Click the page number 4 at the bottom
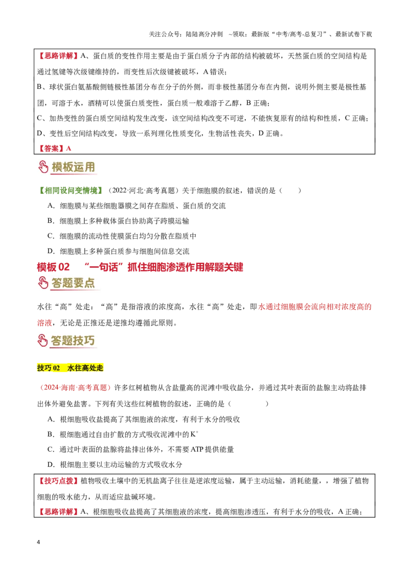click(x=38, y=542)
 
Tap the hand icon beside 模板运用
click(x=43, y=167)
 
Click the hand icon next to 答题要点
click(x=43, y=283)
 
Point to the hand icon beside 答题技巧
click(x=43, y=341)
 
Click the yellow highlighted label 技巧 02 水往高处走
click(x=70, y=368)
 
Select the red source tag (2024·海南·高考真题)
click(x=75, y=388)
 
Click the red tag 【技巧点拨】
click(x=58, y=481)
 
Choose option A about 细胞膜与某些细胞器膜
click(x=137, y=206)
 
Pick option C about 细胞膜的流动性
click(x=122, y=236)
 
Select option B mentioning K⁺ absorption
click(x=123, y=434)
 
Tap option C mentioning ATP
click(x=141, y=450)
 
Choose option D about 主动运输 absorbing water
click(x=115, y=464)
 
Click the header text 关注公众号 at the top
click(x=165, y=34)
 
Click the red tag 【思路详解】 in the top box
click(x=58, y=56)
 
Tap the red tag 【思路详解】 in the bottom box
click(x=58, y=511)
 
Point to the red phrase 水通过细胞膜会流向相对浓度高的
click(x=314, y=307)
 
